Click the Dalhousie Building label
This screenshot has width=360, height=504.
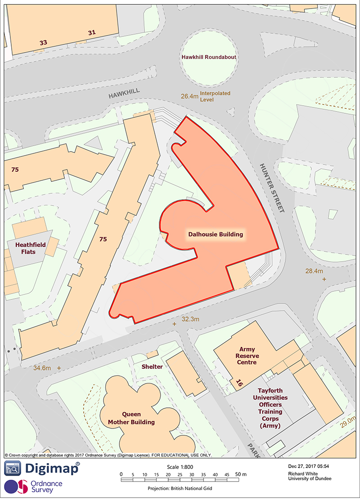pos(215,234)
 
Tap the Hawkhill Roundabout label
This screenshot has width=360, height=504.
pos(209,58)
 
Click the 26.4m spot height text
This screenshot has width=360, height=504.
pos(189,96)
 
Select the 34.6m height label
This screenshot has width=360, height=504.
pos(40,368)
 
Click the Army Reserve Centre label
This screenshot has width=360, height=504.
pos(247,356)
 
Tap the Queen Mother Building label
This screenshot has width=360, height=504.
pos(131,418)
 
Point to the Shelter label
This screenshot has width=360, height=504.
pos(152,366)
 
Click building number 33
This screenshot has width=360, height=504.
pos(43,43)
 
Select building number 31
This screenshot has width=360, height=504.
pos(92,32)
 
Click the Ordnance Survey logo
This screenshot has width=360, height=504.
pos(34,486)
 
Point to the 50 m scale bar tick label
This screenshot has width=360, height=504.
pos(240,474)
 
